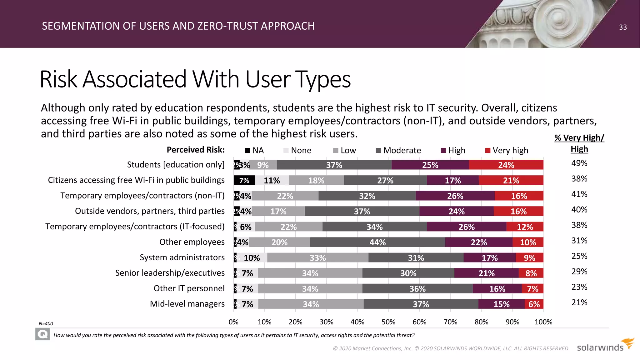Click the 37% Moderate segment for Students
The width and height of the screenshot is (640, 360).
(334, 165)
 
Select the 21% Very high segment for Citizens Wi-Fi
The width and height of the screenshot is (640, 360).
(511, 180)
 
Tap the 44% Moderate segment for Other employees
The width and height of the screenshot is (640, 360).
(377, 242)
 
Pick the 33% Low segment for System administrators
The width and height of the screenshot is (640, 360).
(317, 258)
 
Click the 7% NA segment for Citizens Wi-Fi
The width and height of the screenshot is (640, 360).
(244, 180)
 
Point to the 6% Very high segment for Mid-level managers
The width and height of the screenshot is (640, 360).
(534, 304)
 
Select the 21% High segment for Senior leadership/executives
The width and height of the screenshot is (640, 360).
(486, 273)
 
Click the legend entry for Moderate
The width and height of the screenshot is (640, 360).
(398, 150)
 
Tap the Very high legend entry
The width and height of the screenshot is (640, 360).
(507, 150)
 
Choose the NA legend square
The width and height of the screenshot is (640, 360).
(247, 150)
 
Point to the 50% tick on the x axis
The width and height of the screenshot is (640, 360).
(388, 322)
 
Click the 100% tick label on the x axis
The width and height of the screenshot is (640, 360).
(543, 322)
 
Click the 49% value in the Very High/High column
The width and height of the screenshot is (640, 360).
(579, 163)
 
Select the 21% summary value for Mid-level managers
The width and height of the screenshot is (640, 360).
(579, 302)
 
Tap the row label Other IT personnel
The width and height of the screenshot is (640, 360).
(189, 288)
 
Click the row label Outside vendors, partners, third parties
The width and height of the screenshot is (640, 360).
(150, 211)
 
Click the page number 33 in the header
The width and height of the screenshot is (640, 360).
(622, 27)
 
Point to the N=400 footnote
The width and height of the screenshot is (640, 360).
(46, 324)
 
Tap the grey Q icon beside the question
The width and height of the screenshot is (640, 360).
(42, 335)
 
